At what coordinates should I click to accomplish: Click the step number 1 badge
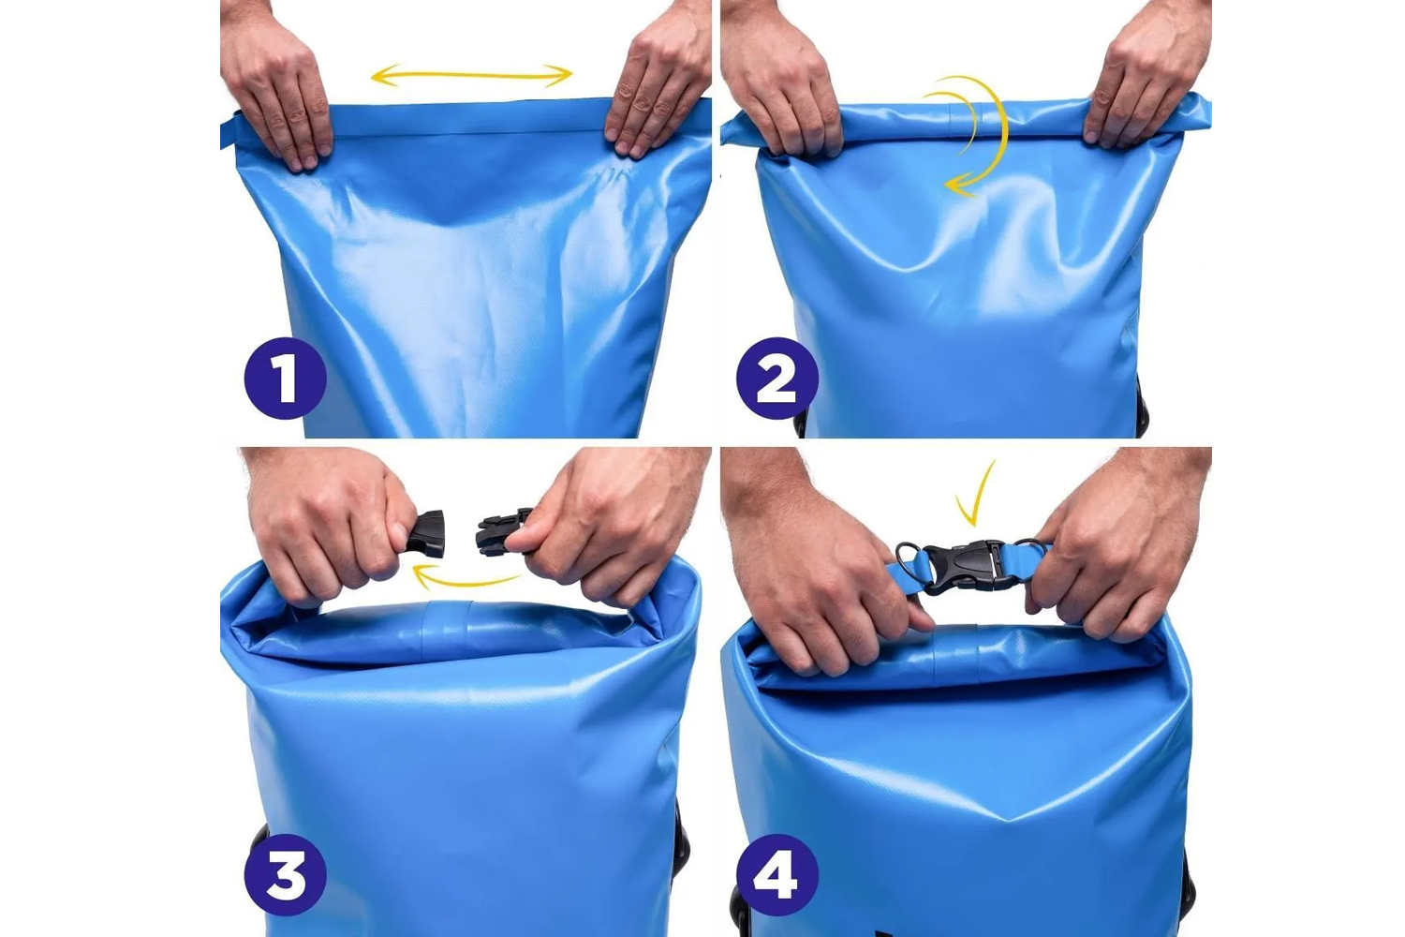pos(286,379)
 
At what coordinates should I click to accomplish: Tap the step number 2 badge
pos(777,379)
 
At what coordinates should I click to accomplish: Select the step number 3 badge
pos(286,874)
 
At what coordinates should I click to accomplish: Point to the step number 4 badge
pos(777,874)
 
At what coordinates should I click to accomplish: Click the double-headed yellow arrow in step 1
pos(472,75)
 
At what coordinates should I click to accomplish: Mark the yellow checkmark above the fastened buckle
pos(975,496)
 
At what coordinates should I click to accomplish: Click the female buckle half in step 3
pos(427,534)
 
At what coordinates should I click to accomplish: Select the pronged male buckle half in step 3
pos(502,532)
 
